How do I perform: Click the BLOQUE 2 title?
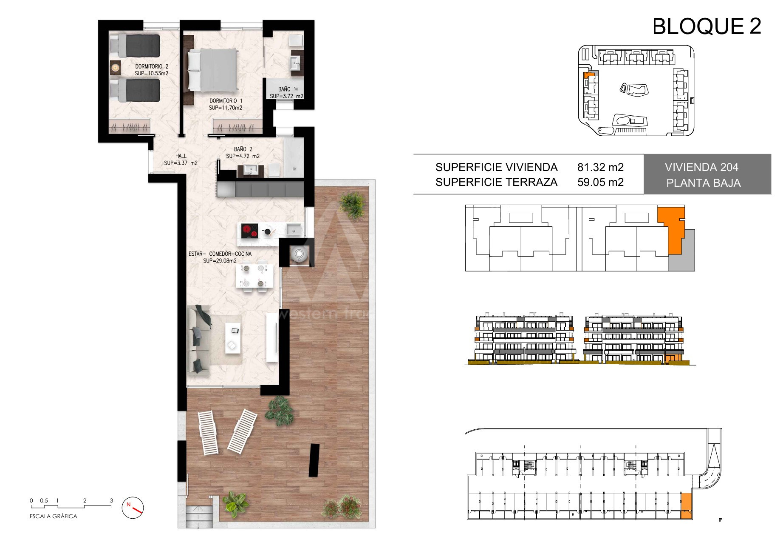707,26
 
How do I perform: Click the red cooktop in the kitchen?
250,231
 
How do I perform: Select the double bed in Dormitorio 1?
212,69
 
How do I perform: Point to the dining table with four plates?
254,276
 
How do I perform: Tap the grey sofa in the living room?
198,339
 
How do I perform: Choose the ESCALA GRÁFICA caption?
54,516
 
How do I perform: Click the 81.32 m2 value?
600,167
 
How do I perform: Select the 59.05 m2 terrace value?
600,183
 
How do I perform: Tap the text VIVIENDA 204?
701,167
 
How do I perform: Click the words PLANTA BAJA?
704,183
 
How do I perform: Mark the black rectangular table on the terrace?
314,460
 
